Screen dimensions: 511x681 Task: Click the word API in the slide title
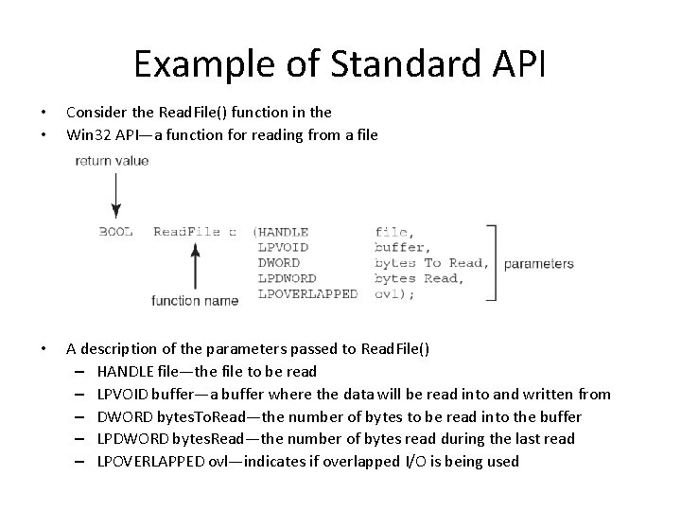pyautogui.click(x=514, y=64)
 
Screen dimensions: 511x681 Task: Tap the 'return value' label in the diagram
pyautogui.click(x=112, y=161)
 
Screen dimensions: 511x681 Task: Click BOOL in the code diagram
pyautogui.click(x=116, y=232)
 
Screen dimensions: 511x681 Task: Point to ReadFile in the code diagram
pyautogui.click(x=185, y=232)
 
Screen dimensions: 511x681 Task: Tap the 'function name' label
pyautogui.click(x=195, y=301)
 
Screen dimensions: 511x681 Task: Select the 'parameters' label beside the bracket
pyautogui.click(x=539, y=264)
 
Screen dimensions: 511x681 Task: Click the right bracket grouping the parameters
pyautogui.click(x=492, y=262)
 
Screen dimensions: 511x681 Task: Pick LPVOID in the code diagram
pyautogui.click(x=283, y=247)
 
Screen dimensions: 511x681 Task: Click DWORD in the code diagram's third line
pyautogui.click(x=279, y=262)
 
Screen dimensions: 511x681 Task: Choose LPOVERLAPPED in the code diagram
pyautogui.click(x=307, y=293)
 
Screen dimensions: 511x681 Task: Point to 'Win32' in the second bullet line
pyautogui.click(x=87, y=134)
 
